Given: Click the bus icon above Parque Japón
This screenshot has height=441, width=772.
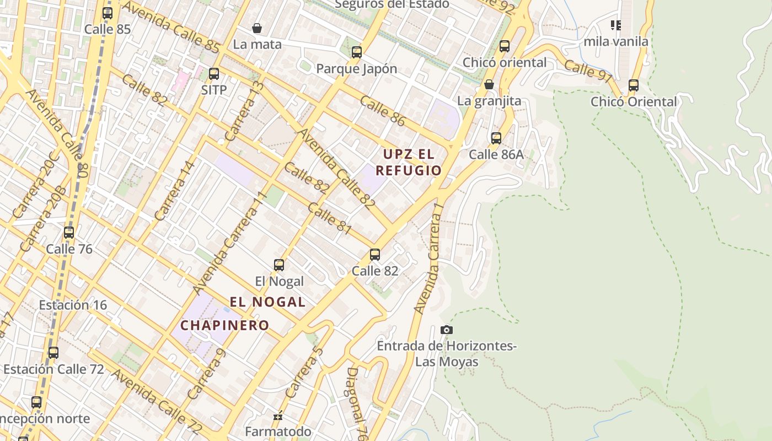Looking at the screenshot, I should pos(357,52).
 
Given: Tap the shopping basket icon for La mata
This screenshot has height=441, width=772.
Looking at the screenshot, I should pos(257,28).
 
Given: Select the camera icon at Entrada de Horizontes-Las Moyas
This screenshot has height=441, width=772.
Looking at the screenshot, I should pos(447,330).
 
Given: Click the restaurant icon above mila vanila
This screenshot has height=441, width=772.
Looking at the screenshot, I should pos(616,25).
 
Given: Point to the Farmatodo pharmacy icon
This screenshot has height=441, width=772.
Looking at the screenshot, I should pos(278,416).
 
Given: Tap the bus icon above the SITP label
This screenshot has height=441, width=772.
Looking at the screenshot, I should pos(214,73).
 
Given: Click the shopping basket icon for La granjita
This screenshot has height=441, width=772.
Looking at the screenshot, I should pos(489,84).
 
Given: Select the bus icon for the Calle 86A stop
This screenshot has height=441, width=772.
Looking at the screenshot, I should pos(496,138).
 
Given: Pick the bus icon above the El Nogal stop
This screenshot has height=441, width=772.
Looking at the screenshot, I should pos(279,265).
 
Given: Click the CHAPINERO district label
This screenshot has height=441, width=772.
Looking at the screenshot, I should pos(225,325).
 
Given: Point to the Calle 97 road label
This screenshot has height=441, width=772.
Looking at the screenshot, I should pos(588,71).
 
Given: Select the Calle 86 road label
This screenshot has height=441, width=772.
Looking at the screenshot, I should pos(383,110).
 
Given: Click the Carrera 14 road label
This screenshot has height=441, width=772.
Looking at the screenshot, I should pos(175,191).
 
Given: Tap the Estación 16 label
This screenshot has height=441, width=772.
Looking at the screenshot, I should pos(73,305).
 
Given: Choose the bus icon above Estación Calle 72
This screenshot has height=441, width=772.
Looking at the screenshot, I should pos(53,352).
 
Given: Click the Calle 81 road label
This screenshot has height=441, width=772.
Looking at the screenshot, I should pos(329,218).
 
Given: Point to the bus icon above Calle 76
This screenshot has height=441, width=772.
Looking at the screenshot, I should pos(69,232).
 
